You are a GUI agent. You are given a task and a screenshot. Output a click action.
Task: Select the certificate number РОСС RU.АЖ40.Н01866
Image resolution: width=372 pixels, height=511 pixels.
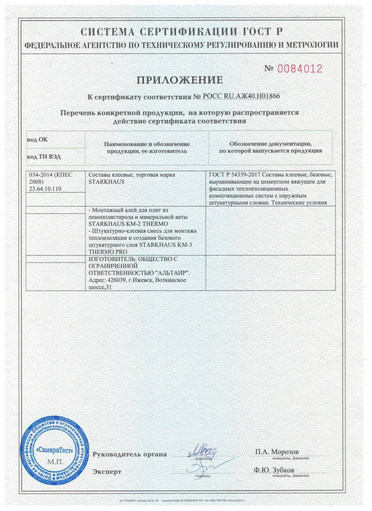pyautogui.click(x=240, y=97)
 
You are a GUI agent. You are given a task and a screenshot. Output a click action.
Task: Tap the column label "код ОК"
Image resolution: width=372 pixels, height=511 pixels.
pyautogui.click(x=37, y=139)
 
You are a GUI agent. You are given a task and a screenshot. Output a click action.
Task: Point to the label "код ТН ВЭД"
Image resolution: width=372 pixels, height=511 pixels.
pyautogui.click(x=44, y=157)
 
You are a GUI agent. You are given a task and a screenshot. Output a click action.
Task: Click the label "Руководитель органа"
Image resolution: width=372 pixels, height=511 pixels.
pyautogui.click(x=130, y=454)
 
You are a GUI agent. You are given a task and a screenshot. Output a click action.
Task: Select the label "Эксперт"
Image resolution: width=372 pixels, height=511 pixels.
pyautogui.click(x=107, y=472)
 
